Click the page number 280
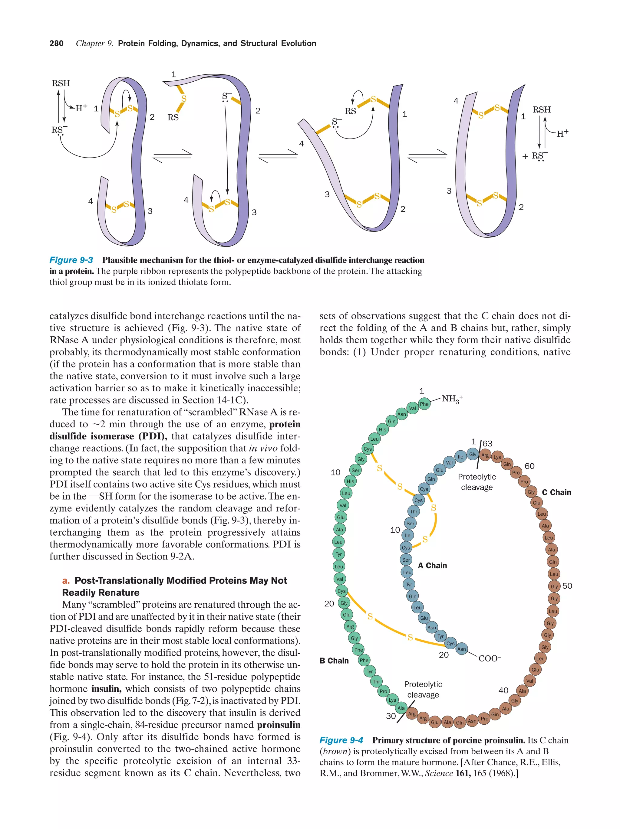(x=56, y=44)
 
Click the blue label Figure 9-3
(x=71, y=260)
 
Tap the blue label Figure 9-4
(x=341, y=740)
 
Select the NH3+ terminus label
(x=452, y=399)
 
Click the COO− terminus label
(x=490, y=658)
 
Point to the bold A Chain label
(x=432, y=566)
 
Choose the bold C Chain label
(x=556, y=492)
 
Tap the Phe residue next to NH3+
(x=424, y=404)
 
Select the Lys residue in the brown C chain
(x=497, y=457)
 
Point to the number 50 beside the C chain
(x=567, y=586)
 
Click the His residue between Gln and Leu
(x=382, y=429)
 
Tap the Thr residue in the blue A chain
(x=413, y=511)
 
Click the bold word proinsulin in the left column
(x=279, y=725)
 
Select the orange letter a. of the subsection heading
(x=66, y=580)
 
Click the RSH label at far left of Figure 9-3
(x=61, y=83)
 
